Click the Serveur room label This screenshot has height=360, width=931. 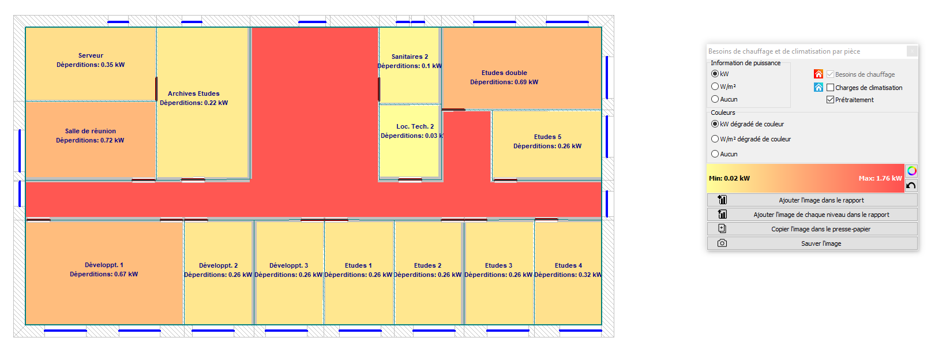pos(91,56)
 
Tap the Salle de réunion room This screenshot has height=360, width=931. pos(91,140)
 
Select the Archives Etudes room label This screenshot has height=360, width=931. pos(194,94)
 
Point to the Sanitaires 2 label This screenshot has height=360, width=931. pos(410,57)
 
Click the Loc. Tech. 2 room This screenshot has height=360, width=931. pos(410,141)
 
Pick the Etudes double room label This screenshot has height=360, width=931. pos(504,73)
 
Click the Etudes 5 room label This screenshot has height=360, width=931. pos(547,137)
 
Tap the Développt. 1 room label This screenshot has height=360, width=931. pos(104,265)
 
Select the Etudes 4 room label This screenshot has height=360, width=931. pos(568,265)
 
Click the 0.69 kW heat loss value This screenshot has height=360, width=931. pos(527,82)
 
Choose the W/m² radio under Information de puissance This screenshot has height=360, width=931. pos(715,87)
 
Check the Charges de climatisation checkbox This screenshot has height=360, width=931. pos(831,88)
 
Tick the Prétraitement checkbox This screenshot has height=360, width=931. pos(831,100)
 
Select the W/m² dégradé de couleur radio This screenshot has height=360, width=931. pos(715,139)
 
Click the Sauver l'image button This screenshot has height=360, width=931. pos(813,243)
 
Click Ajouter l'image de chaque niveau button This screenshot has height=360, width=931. pos(813,215)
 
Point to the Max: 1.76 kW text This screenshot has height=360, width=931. pos(880,178)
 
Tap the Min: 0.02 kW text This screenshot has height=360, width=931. pos(730,178)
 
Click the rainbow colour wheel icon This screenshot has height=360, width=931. pos(912,171)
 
